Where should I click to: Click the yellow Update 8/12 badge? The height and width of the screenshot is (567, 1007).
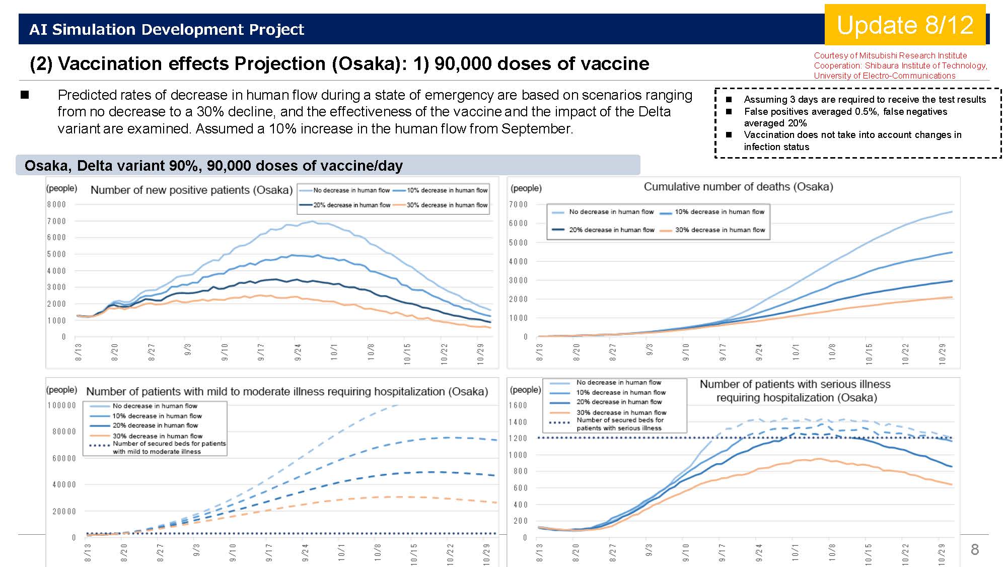point(905,25)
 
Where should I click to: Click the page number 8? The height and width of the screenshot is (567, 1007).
point(975,549)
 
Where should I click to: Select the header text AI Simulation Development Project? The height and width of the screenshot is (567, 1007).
point(167,30)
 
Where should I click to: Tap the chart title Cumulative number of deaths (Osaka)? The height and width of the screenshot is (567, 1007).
point(738,187)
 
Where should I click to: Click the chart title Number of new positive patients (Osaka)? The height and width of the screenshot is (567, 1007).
point(191,190)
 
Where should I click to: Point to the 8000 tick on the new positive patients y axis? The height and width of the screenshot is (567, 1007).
point(56,204)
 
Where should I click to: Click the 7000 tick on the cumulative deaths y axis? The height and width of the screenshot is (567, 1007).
point(518,204)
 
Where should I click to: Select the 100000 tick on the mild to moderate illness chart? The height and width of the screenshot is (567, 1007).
point(61,405)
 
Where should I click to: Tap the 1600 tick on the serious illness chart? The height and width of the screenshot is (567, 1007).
point(518,405)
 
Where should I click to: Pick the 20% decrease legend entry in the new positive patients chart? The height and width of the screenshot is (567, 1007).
point(344,205)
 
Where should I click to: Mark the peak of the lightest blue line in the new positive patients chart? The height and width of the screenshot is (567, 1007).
point(313,221)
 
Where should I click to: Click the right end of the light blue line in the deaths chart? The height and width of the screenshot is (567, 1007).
point(952,212)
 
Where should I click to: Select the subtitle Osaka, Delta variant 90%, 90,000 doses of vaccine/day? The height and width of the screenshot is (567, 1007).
point(213,166)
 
